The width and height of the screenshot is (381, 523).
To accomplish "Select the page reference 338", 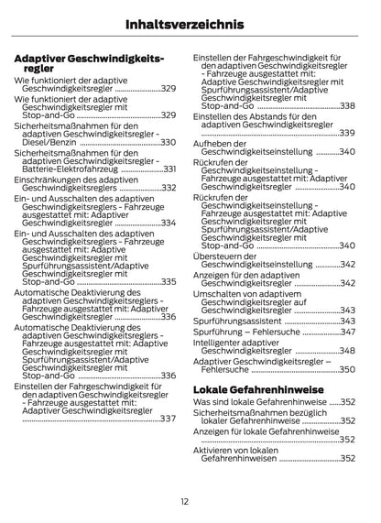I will (346, 106).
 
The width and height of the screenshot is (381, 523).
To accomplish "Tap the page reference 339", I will (346, 133).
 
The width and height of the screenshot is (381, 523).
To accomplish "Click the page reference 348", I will (346, 351).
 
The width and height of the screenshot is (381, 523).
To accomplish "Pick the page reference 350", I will (346, 369).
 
